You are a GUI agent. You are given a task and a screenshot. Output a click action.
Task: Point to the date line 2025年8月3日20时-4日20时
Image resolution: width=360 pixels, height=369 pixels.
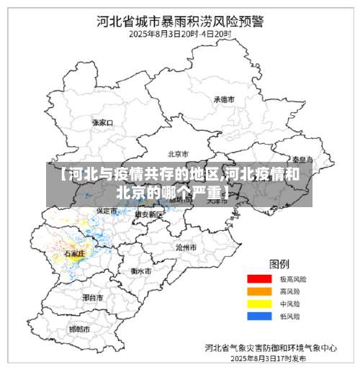pos(179,33)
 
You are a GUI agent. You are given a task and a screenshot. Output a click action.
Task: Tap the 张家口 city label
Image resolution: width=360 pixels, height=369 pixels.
pos(103,122)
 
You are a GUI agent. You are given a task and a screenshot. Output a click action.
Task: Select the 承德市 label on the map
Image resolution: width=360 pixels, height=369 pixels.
pos(224,99)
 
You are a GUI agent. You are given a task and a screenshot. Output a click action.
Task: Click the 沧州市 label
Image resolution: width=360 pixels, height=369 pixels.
pos(186,246)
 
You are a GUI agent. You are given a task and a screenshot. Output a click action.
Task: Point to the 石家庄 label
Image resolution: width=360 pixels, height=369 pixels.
pos(75,254)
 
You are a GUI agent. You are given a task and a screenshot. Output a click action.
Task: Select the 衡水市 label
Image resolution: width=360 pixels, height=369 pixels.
pos(141,271)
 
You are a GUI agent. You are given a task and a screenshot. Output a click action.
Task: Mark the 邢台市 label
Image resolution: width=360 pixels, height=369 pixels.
pos(93,296)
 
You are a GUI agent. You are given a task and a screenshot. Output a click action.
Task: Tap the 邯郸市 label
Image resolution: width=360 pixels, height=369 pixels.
pos(79,329)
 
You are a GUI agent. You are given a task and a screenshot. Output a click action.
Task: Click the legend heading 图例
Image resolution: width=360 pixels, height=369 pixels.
pos(279,263)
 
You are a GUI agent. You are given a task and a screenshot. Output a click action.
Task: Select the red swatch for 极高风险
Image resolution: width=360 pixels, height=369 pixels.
pos(258,278)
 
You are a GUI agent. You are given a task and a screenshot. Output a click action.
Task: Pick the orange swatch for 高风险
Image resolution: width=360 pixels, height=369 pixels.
pos(258,291)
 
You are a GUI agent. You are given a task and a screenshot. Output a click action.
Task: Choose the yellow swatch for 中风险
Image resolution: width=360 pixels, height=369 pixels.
pos(258,303)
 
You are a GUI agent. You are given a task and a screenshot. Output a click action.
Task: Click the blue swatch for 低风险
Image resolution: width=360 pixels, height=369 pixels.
pos(258,315)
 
